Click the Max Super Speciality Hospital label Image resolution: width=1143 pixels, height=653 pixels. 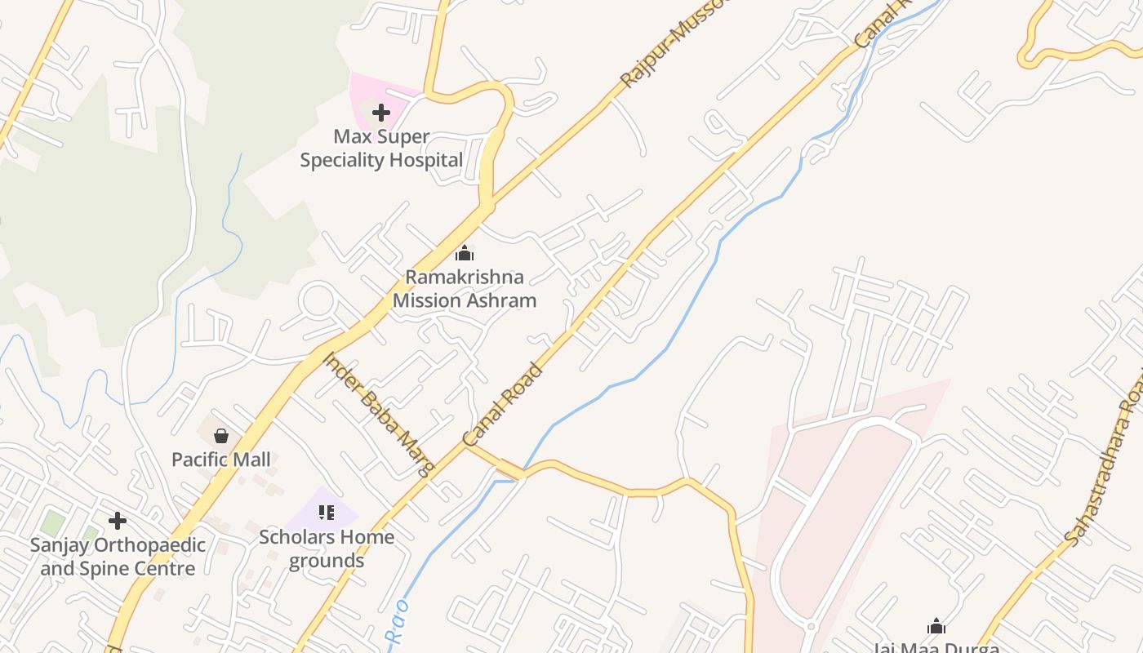(x=381, y=149)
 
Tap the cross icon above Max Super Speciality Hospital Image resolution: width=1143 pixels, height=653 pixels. (x=381, y=113)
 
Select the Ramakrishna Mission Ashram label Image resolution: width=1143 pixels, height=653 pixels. (x=465, y=289)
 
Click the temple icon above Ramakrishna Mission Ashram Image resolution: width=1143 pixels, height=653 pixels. (x=465, y=253)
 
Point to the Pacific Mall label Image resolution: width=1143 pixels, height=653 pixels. (x=220, y=460)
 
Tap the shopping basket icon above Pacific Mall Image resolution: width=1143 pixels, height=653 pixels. (x=220, y=436)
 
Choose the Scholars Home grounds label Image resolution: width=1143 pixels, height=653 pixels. (x=327, y=549)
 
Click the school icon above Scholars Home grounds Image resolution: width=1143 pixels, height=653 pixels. (x=327, y=513)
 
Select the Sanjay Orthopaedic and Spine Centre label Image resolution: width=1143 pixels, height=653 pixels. (x=118, y=557)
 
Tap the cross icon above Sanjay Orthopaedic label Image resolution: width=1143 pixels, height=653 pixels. (x=118, y=520)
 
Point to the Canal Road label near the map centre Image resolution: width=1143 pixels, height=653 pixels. (x=503, y=405)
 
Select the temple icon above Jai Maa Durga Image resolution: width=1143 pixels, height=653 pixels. (x=936, y=627)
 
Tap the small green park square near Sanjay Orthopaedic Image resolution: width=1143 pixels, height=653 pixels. (x=53, y=522)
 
